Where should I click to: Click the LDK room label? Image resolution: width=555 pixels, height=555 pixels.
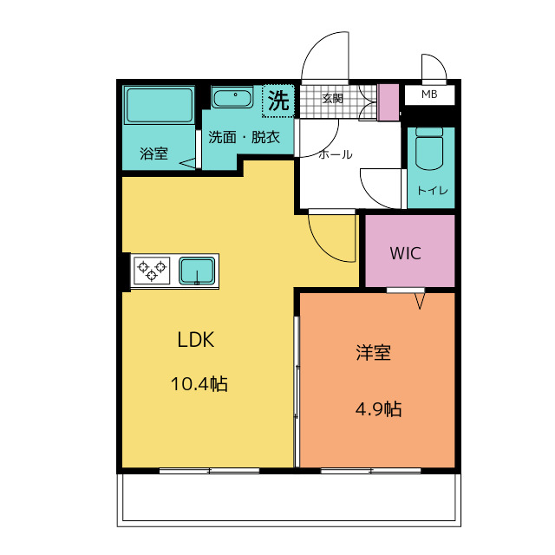pyautogui.click(x=196, y=339)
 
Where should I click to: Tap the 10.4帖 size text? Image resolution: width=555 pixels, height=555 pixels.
pyautogui.click(x=199, y=383)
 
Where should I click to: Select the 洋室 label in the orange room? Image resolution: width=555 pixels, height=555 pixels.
pyautogui.click(x=374, y=353)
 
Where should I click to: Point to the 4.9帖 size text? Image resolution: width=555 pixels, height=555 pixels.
pyautogui.click(x=378, y=409)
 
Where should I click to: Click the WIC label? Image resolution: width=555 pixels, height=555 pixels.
pyautogui.click(x=406, y=253)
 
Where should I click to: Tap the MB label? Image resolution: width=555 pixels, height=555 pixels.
pyautogui.click(x=429, y=95)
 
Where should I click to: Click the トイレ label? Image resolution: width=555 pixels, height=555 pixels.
pyautogui.click(x=433, y=191)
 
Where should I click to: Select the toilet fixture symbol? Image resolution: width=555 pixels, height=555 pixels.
pyautogui.click(x=429, y=148)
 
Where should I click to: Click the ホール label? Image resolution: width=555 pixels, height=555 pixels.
pyautogui.click(x=336, y=154)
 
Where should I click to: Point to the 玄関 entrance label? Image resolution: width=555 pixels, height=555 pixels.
pyautogui.click(x=332, y=98)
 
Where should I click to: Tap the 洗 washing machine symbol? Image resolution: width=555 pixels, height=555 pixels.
pyautogui.click(x=278, y=101)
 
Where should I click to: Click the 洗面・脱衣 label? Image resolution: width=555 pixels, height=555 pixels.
pyautogui.click(x=245, y=137)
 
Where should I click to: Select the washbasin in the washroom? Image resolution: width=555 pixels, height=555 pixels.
pyautogui.click(x=232, y=97)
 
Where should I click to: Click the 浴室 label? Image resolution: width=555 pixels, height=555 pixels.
pyautogui.click(x=153, y=153)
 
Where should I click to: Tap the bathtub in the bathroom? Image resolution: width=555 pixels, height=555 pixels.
pyautogui.click(x=160, y=105)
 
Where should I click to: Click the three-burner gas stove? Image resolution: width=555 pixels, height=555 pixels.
pyautogui.click(x=152, y=271)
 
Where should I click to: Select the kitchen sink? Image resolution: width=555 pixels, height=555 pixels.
pyautogui.click(x=197, y=271)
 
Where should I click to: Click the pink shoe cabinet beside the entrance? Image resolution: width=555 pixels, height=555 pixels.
pyautogui.click(x=388, y=102)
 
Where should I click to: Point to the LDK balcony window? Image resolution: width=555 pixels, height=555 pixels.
pyautogui.click(x=210, y=471)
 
